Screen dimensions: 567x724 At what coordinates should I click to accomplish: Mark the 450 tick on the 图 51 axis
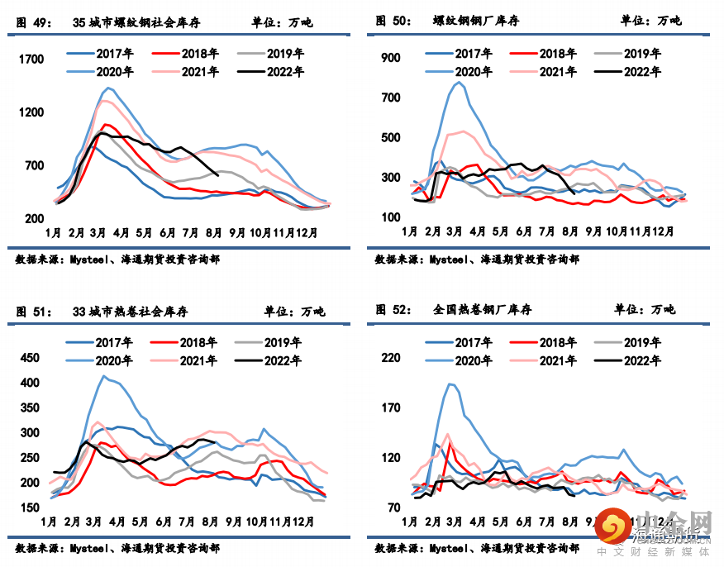pyautogui.click(x=29, y=358)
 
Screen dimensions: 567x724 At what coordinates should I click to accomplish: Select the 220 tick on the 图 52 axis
pyautogui.click(x=390, y=357)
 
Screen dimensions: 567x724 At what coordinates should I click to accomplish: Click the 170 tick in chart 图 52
pyautogui.click(x=390, y=407)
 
